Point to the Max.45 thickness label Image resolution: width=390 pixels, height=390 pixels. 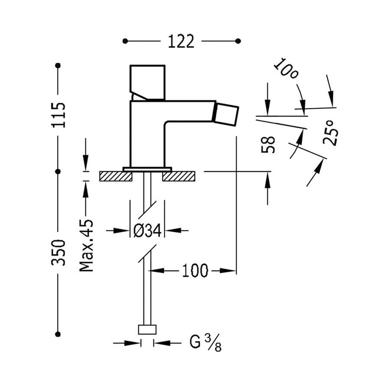pyautogui.click(x=87, y=246)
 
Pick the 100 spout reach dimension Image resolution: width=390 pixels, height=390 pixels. pyautogui.click(x=195, y=271)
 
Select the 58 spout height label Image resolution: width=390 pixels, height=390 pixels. pyautogui.click(x=269, y=145)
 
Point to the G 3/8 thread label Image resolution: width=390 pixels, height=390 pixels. pyautogui.click(x=205, y=343)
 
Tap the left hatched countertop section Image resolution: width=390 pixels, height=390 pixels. pyautogui.click(x=115, y=176)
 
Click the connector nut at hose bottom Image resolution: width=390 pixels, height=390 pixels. pyautogui.click(x=147, y=330)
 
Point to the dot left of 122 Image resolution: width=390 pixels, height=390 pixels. pyautogui.click(x=125, y=41)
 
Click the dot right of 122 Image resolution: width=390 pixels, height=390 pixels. pyautogui.click(x=238, y=41)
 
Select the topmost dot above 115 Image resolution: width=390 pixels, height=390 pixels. pyautogui.click(x=58, y=65)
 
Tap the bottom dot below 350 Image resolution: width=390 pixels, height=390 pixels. pyautogui.click(x=58, y=334)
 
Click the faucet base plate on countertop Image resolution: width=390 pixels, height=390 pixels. pyautogui.click(x=147, y=169)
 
